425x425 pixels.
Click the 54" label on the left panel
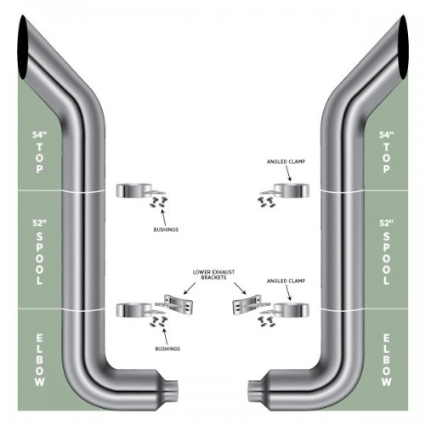(39, 135)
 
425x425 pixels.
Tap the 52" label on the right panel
(387, 224)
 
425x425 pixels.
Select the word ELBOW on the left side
(40, 360)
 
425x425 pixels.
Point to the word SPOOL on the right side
(386, 258)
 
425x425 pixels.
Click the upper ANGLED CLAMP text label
(286, 161)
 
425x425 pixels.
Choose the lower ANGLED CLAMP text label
(286, 280)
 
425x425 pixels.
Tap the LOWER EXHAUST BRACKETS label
(213, 275)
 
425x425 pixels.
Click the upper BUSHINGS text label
(166, 229)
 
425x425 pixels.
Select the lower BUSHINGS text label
(167, 348)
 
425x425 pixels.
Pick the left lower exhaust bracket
(178, 304)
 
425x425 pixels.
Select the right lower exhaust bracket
(246, 304)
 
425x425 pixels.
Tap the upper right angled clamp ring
(292, 190)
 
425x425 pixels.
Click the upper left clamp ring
(134, 190)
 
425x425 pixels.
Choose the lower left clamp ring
(134, 310)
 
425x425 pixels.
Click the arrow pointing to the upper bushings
(164, 218)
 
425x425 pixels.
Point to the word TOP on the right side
(386, 158)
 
